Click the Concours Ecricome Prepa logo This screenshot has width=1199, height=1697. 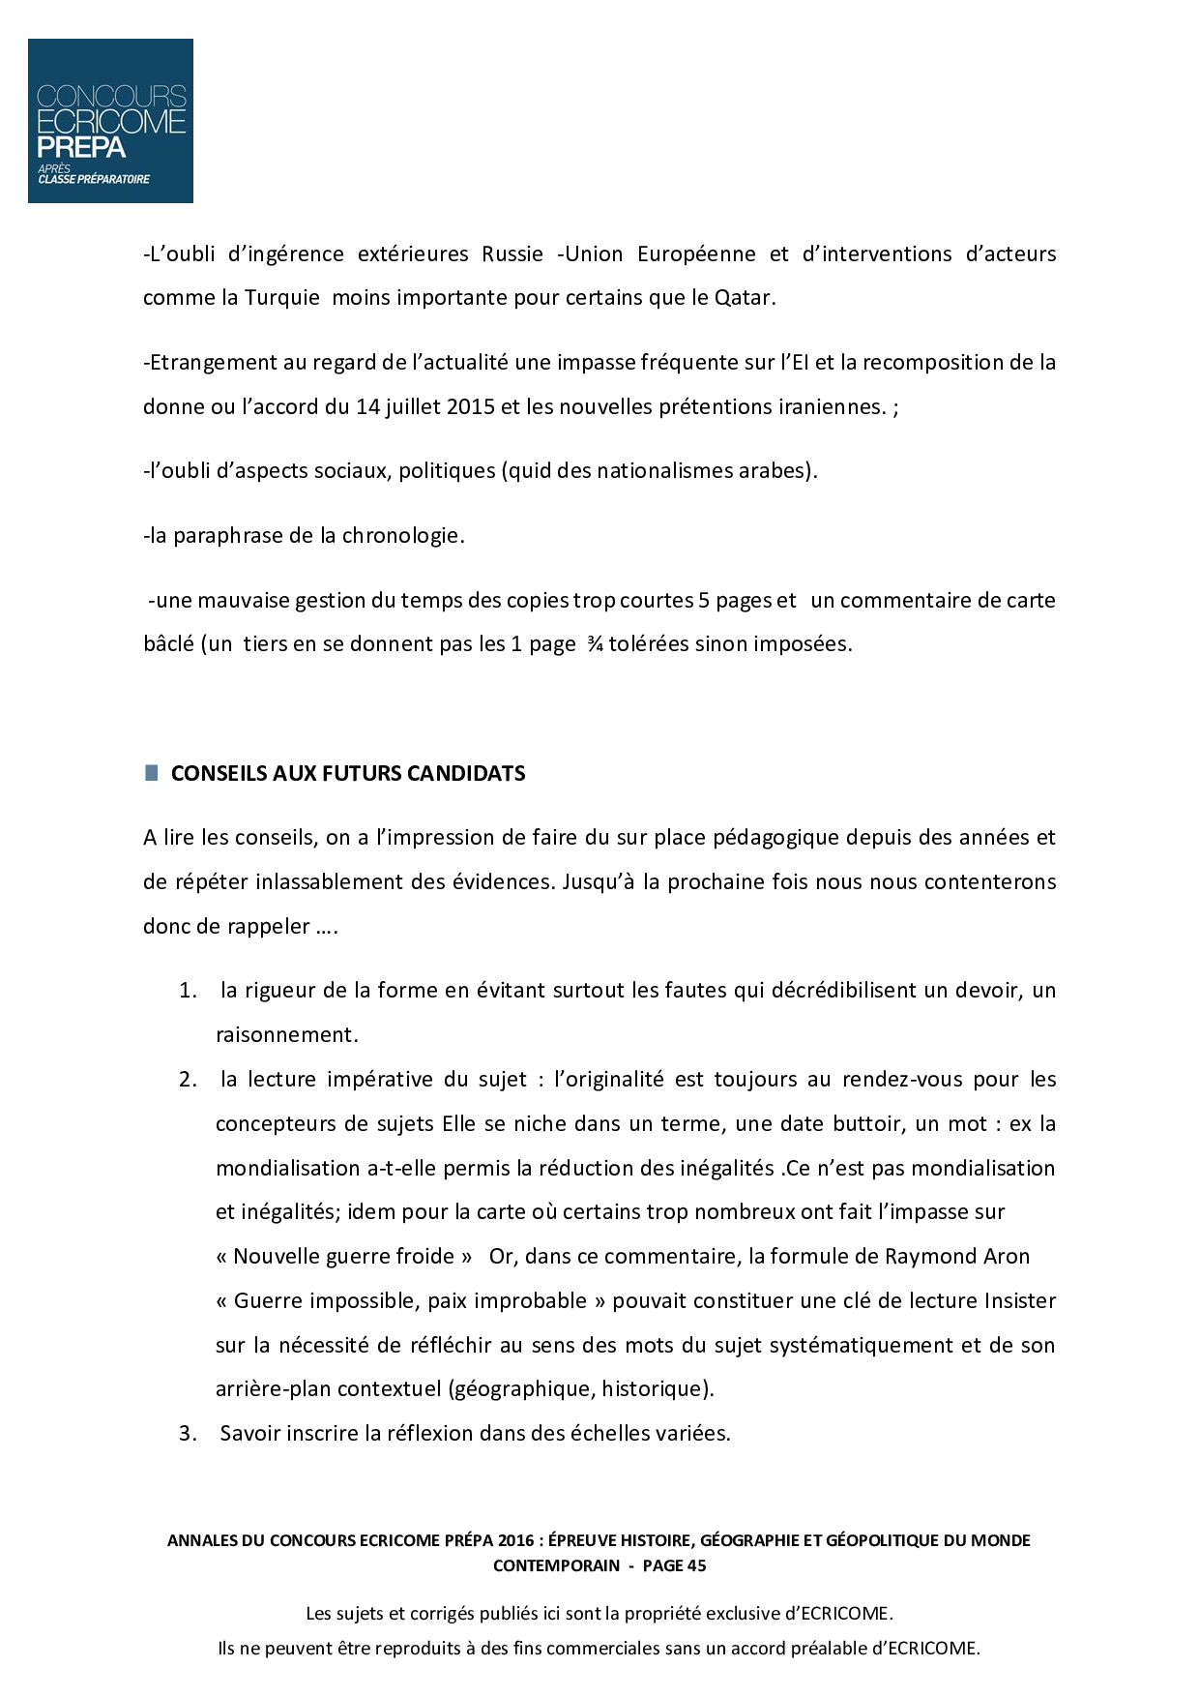(110, 121)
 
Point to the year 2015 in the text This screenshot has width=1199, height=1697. (471, 407)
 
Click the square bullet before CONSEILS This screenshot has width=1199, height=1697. (152, 773)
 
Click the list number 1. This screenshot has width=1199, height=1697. (188, 991)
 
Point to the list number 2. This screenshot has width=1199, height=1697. (188, 1080)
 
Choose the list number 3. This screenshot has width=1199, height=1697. (188, 1434)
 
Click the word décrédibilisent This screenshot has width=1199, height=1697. (809, 991)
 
